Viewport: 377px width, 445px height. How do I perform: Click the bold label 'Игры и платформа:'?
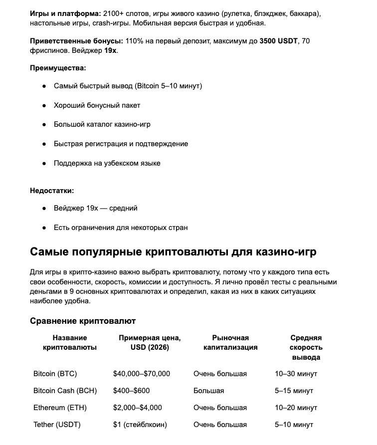point(65,13)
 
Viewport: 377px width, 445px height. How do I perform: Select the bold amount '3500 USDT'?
point(278,41)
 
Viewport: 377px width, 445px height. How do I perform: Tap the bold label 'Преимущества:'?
point(58,68)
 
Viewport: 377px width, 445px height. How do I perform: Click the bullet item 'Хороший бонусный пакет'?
point(97,105)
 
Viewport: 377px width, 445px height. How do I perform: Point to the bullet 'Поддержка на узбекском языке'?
point(107,163)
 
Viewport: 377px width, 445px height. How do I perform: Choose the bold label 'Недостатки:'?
point(52,191)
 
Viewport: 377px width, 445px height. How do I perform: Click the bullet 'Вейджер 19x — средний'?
point(96,208)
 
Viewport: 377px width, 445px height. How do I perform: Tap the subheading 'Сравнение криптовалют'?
point(83,321)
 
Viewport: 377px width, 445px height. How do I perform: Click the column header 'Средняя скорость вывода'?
point(306,347)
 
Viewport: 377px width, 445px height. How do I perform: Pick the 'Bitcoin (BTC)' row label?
point(55,374)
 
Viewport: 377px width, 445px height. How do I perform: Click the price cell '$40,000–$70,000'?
point(142,374)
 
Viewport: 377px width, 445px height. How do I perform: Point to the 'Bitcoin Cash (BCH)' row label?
point(65,391)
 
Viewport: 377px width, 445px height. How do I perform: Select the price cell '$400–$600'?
point(132,391)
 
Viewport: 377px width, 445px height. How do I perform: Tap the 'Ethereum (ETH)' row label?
point(60,408)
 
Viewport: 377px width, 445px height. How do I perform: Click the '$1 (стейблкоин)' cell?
point(140,425)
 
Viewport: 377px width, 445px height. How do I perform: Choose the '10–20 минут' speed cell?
point(296,408)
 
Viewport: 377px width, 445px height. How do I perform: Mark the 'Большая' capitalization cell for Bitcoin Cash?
point(209,391)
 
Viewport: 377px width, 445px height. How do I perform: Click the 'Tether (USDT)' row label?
point(57,425)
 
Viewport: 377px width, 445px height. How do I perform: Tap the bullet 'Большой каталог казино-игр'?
point(102,124)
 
